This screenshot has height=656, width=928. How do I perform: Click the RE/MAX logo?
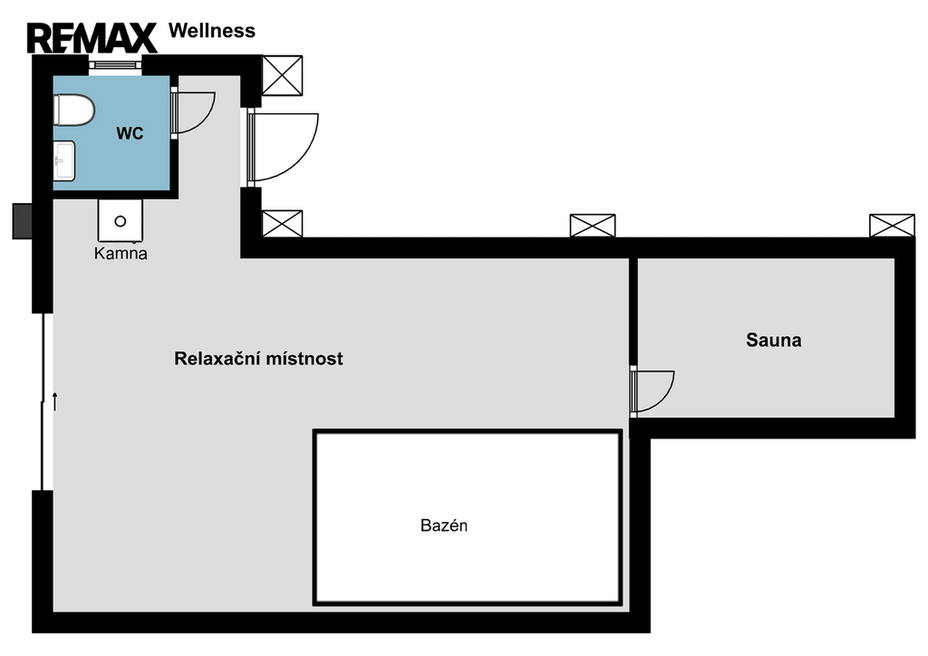92,38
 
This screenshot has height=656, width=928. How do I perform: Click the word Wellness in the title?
212,31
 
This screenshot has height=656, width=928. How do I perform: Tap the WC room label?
130,134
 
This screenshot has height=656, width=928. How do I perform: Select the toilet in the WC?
74,110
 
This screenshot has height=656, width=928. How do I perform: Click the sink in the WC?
64,161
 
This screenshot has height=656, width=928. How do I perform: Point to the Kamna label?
121,254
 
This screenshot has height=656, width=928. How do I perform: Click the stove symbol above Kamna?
121,221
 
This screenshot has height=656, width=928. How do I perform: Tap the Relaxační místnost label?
258,359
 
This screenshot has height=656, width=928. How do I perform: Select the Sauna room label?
774,340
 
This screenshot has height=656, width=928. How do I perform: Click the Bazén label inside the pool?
444,526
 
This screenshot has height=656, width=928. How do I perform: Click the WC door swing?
193,112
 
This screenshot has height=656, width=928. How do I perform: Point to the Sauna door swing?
652,391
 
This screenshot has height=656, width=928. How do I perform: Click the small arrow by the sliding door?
55,401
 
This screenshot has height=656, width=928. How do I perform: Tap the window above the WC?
115,65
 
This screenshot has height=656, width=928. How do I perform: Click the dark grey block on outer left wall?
23,221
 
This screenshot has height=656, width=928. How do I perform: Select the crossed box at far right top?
892,226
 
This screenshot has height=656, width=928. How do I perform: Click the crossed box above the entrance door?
283,76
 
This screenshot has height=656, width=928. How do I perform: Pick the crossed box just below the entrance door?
283,224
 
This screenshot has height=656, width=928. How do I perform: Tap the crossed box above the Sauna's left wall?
593,226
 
